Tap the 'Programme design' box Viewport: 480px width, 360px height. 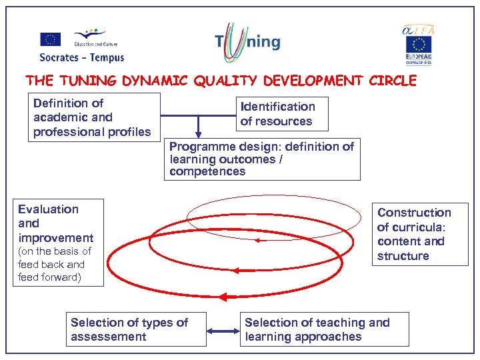tap(262, 159)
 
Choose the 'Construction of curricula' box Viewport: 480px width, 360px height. tap(419, 234)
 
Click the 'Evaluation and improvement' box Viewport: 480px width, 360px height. tap(59, 242)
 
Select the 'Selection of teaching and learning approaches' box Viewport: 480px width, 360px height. tap(324, 329)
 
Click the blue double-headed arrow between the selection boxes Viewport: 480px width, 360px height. tap(223, 330)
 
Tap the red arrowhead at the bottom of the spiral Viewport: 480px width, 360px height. tap(223, 297)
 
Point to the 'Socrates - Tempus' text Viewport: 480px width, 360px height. tap(81, 57)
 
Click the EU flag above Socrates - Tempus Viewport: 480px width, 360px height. tap(50, 39)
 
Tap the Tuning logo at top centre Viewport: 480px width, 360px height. tap(247, 41)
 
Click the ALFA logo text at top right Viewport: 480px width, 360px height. tap(418, 30)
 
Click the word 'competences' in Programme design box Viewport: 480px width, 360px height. tap(207, 171)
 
